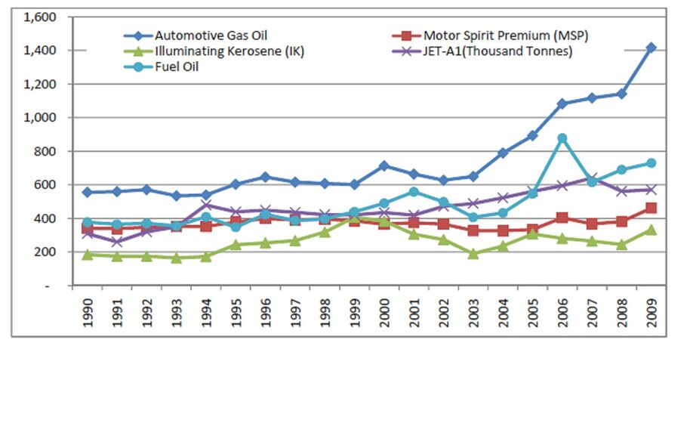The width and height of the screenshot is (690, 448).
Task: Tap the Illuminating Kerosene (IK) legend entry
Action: click(x=215, y=51)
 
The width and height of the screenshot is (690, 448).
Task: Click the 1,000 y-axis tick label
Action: click(x=41, y=117)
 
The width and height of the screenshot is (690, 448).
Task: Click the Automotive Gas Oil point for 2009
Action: click(x=651, y=48)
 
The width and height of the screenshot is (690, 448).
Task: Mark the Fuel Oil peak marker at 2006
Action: click(x=562, y=138)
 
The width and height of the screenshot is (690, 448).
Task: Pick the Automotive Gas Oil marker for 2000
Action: click(x=384, y=165)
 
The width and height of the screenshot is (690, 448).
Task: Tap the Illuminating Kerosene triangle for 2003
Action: click(x=473, y=254)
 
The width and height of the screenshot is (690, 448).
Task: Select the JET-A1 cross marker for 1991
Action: click(x=117, y=242)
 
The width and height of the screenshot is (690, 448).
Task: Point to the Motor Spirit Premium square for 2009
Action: click(x=651, y=208)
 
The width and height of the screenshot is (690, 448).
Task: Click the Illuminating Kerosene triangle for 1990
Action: click(x=88, y=255)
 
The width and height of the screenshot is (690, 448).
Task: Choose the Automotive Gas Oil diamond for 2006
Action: click(x=562, y=104)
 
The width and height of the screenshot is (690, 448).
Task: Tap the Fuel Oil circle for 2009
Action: click(x=651, y=163)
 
